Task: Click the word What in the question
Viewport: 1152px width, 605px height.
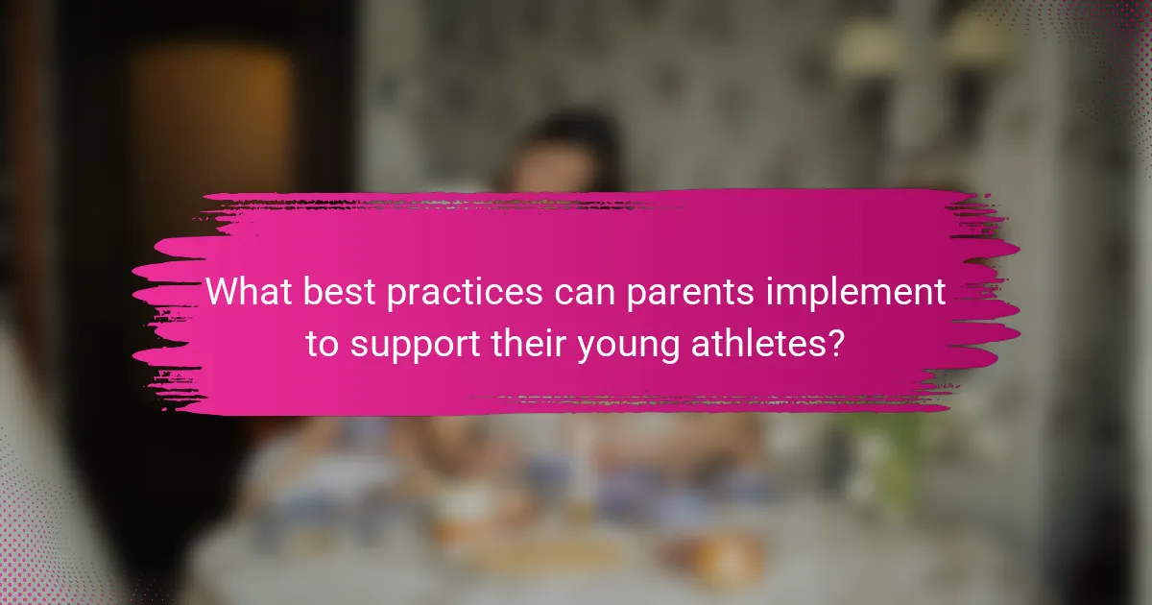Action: click(x=248, y=293)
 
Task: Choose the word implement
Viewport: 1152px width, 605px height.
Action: click(x=867, y=293)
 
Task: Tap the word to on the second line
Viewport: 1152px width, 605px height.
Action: click(x=323, y=345)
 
